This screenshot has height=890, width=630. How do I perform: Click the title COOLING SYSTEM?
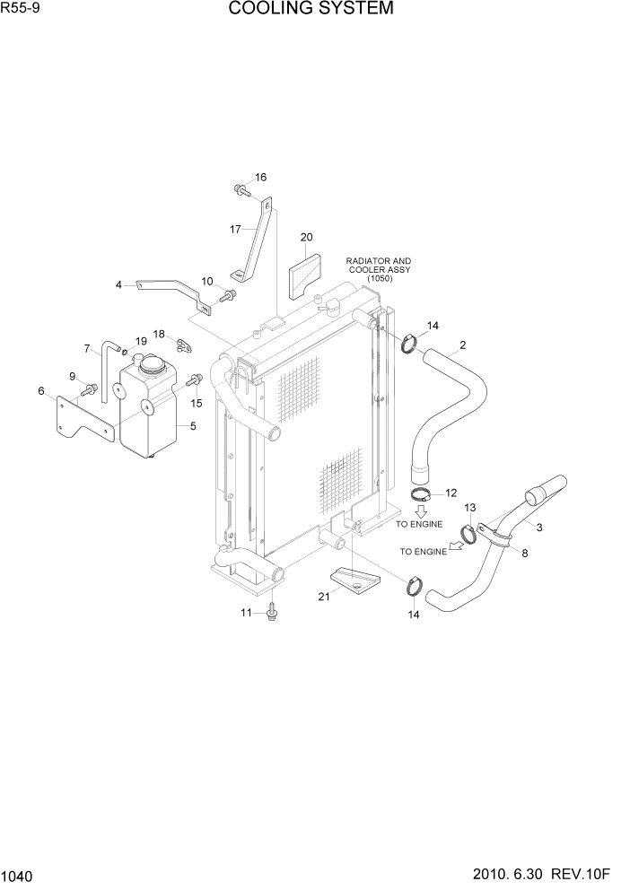[x=311, y=10]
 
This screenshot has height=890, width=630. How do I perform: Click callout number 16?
[x=260, y=178]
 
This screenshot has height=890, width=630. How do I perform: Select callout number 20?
[x=306, y=238]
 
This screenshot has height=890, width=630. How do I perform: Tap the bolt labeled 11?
[x=272, y=615]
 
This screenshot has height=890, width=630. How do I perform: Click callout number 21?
[x=325, y=596]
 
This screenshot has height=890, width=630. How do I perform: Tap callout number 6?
[x=41, y=390]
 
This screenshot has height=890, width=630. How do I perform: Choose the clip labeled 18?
[x=185, y=343]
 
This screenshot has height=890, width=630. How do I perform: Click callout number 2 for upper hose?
[x=462, y=345]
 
